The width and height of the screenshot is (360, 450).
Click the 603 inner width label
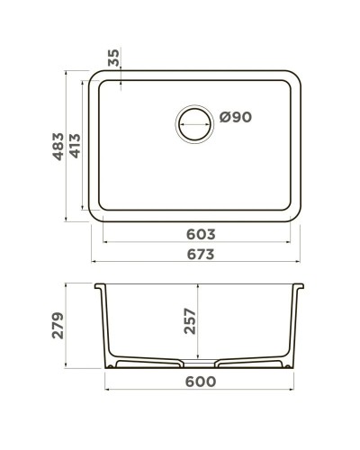(x=200, y=233)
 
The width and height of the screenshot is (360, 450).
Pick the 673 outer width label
(x=200, y=255)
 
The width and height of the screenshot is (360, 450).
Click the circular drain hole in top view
(x=194, y=121)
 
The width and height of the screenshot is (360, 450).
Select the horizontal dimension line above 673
(x=200, y=265)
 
